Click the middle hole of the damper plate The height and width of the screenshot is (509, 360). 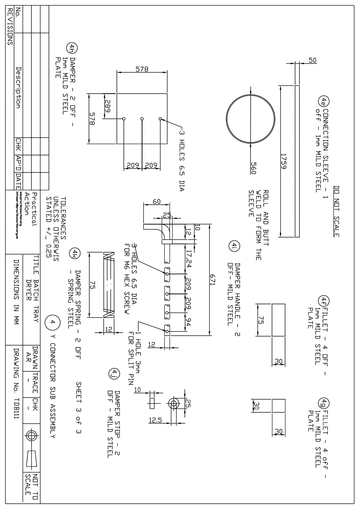click(x=142, y=118)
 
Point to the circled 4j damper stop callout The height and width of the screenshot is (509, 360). click(x=112, y=373)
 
